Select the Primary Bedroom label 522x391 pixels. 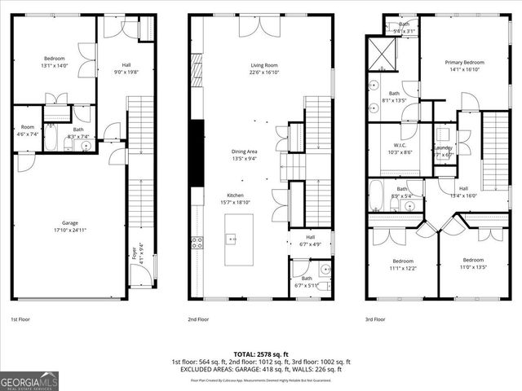coord(464,66)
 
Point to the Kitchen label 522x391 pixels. coord(235,199)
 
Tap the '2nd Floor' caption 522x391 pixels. coord(198,319)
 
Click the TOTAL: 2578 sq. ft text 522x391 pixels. coord(260,354)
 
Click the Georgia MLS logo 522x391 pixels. coord(28,380)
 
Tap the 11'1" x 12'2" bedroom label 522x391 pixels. coord(402,264)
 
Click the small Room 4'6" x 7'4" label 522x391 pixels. coord(28,130)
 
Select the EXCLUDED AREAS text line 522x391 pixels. coord(260,370)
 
